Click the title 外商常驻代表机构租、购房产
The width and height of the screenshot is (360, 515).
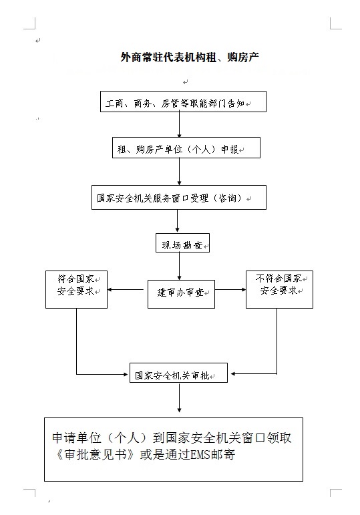tap(190, 57)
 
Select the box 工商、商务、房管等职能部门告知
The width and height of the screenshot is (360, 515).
tap(183, 102)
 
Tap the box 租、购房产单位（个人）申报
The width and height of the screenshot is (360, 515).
tap(186, 148)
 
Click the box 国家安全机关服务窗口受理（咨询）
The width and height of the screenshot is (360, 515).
tap(179, 198)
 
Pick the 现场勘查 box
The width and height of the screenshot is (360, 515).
tap(182, 243)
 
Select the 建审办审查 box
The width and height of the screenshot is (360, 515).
tap(181, 295)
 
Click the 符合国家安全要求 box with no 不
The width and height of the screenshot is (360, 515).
tap(76, 290)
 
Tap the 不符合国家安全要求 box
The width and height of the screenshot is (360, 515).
tap(279, 290)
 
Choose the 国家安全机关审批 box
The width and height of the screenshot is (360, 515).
tap(178, 373)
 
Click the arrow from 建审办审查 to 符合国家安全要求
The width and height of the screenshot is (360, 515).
tap(126, 290)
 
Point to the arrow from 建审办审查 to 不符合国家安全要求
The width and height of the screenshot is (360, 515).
tap(230, 290)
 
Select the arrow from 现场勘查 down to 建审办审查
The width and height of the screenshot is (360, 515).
tap(180, 267)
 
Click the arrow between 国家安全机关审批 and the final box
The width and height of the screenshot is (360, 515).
tap(180, 397)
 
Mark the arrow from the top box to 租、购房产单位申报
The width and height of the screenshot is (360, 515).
tap(180, 124)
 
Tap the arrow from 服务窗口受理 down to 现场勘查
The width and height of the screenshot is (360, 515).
tap(178, 221)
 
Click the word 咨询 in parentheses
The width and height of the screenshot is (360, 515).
tap(227, 198)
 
